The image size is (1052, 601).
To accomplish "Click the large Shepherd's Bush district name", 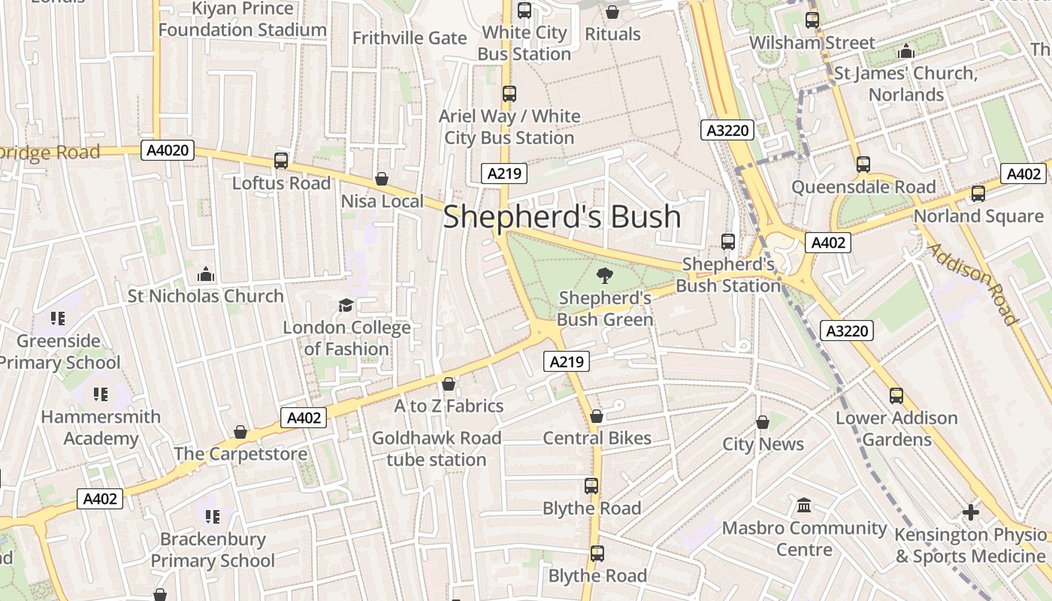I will [x=562, y=217].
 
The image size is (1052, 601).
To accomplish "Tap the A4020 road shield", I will [x=168, y=150].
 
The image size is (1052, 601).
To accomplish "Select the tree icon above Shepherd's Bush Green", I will [x=604, y=276].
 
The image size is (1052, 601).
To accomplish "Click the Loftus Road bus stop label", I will [x=281, y=183].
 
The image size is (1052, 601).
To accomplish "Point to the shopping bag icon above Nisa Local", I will [x=382, y=179].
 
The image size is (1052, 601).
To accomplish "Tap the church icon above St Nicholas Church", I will [x=205, y=274].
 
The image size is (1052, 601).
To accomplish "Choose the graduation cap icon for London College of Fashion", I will [x=346, y=305].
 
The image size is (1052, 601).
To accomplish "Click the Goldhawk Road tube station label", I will [x=437, y=448].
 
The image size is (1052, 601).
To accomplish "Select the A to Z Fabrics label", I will [x=449, y=406].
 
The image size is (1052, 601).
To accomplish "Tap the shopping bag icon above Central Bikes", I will [x=597, y=416].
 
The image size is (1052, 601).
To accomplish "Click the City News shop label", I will [x=763, y=444].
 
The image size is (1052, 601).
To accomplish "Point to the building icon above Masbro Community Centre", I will [x=804, y=505].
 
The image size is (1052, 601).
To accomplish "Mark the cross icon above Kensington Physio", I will [x=971, y=512].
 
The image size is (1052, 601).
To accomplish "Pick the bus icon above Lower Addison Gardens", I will [x=896, y=396].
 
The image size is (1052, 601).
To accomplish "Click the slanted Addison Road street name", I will [x=972, y=283].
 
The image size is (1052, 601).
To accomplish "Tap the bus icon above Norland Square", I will [x=978, y=194].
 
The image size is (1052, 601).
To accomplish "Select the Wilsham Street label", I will [x=812, y=43].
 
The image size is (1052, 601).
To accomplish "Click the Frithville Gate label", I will [x=410, y=38].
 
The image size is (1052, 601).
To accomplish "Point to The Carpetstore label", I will [x=240, y=454].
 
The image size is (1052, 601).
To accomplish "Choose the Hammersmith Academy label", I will [x=101, y=427].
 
